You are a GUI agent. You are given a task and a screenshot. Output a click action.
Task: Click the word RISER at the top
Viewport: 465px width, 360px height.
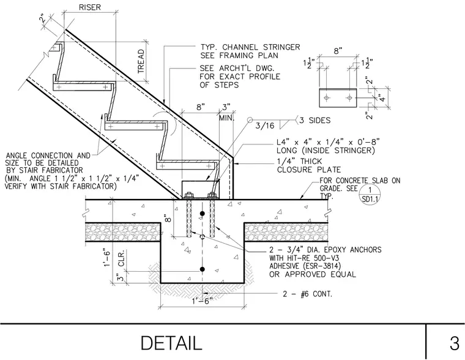coord(89,7)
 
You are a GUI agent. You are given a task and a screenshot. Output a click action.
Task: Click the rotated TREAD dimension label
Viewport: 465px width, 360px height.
coord(141,61)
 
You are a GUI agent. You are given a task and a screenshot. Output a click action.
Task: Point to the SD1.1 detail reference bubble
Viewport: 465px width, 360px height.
coord(370,194)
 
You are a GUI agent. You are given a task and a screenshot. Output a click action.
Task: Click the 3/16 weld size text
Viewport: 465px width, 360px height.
coord(265,126)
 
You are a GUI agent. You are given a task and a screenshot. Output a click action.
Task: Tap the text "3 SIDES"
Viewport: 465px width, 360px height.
coord(315,120)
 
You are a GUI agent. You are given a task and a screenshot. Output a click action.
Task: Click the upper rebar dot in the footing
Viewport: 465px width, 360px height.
coord(203,214)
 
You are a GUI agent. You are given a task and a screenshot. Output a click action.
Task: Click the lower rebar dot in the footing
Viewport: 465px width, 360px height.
coord(203,269)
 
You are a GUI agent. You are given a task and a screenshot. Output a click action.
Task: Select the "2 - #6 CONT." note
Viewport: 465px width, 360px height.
coord(308,294)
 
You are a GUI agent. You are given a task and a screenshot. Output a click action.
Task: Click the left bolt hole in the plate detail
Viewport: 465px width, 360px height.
coord(326,97)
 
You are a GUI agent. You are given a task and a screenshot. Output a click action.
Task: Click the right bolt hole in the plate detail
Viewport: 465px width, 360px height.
coord(349,97)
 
